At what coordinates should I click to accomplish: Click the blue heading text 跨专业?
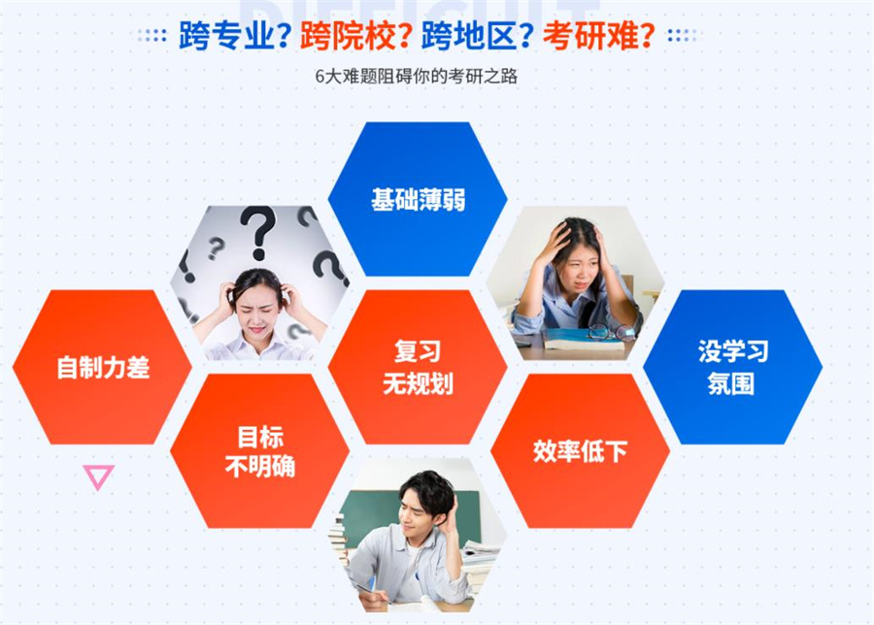pyautogui.click(x=235, y=38)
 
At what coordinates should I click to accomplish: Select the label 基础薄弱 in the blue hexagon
pyautogui.click(x=418, y=200)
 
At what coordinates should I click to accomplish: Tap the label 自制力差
pyautogui.click(x=103, y=368)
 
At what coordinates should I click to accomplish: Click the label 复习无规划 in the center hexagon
pyautogui.click(x=418, y=367)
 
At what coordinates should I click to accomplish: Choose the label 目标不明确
pyautogui.click(x=259, y=451)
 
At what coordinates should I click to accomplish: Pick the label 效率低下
pyautogui.click(x=580, y=451)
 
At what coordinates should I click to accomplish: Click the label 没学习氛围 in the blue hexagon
pyautogui.click(x=732, y=367)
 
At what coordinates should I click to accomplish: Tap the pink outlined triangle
pyautogui.click(x=98, y=476)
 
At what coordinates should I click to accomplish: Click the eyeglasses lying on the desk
pyautogui.click(x=607, y=332)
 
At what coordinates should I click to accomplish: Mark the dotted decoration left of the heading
pyautogui.click(x=152, y=36)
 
